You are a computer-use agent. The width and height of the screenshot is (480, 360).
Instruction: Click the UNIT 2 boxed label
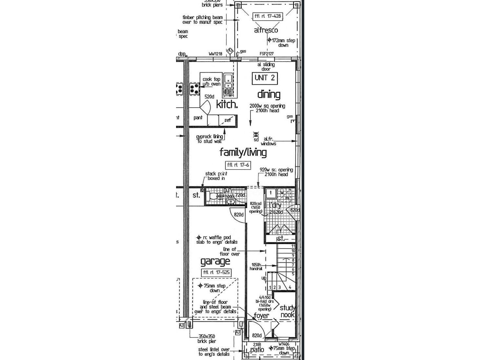(265, 78)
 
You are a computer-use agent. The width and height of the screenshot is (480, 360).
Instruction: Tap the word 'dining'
(269, 95)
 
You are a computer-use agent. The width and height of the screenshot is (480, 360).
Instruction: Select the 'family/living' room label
(243, 152)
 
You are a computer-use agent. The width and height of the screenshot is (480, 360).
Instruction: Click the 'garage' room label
(215, 261)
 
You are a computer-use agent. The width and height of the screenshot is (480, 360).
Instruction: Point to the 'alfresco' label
(266, 30)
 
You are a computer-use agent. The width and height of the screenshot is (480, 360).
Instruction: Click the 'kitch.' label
(227, 104)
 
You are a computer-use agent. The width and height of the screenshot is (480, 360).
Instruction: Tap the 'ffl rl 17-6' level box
(238, 165)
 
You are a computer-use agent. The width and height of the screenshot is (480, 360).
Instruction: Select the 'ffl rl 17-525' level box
(216, 272)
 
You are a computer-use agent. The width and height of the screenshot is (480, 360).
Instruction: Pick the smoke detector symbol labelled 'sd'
(256, 134)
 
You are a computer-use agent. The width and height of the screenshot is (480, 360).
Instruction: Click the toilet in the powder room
(214, 196)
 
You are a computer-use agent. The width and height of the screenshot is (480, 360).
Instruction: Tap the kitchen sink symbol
(228, 82)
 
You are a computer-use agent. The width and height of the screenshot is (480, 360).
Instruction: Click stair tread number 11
(293, 246)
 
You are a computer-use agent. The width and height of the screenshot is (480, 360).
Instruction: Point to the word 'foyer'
(261, 316)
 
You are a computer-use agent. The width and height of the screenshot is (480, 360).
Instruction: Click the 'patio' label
(257, 350)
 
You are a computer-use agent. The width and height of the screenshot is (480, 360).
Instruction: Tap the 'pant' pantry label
(198, 118)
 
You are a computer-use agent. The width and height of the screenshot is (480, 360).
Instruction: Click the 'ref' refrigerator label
(228, 120)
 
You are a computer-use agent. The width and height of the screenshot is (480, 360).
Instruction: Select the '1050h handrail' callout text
(256, 267)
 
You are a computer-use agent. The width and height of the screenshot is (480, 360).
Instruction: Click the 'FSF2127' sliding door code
(267, 54)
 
